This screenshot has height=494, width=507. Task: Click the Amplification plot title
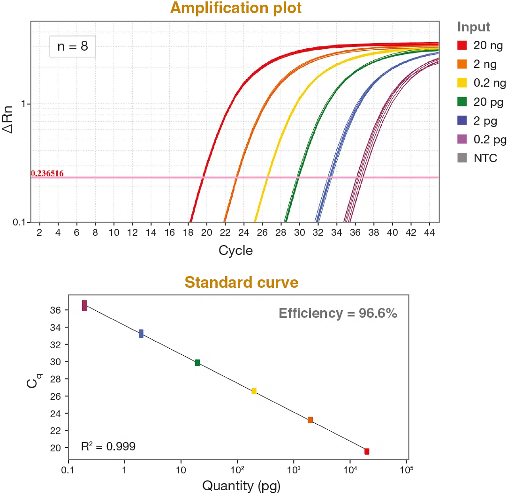click(x=236, y=8)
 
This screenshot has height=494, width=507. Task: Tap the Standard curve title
click(x=242, y=282)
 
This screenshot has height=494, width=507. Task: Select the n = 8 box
click(x=73, y=46)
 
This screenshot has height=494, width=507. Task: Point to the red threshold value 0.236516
click(x=47, y=173)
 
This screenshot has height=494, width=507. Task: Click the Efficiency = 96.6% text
click(x=338, y=313)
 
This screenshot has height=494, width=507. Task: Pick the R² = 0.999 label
click(x=108, y=446)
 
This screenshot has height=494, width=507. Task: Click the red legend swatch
click(x=462, y=45)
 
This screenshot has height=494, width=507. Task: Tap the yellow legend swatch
click(x=462, y=83)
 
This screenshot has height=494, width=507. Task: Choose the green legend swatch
click(x=462, y=102)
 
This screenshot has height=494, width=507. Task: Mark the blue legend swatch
click(x=462, y=120)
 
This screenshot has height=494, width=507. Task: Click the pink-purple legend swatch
click(x=462, y=139)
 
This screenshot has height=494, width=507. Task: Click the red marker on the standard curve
click(x=367, y=451)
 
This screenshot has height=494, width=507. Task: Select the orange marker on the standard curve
click(x=310, y=420)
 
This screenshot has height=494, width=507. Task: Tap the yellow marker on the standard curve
click(x=254, y=391)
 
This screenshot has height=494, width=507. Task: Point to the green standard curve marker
click(x=197, y=362)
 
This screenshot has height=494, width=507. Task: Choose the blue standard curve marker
click(x=141, y=333)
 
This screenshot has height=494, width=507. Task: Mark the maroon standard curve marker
click(x=84, y=306)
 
